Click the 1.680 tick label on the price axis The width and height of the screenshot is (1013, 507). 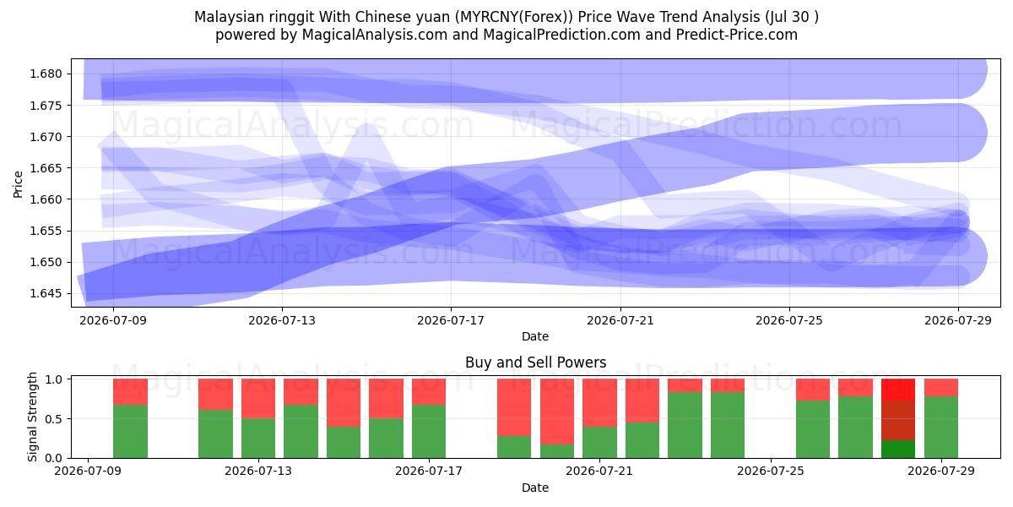(46, 74)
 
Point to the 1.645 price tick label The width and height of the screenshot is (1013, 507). (46, 293)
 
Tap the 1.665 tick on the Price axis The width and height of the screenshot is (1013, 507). (46, 168)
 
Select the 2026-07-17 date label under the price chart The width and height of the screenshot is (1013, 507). (451, 320)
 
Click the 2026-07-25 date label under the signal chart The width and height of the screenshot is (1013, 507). (771, 471)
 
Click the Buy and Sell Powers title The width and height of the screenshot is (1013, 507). (535, 363)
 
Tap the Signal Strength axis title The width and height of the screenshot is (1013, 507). (32, 417)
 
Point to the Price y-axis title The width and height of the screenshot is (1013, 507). (18, 184)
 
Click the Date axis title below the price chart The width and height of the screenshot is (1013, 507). (535, 336)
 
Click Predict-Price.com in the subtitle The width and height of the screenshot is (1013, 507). (737, 35)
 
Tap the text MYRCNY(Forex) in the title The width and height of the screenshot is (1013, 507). (513, 17)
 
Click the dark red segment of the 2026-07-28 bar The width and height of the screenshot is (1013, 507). (897, 420)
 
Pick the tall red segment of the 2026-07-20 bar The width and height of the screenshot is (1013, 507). (556, 412)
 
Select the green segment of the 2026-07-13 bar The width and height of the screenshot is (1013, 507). (258, 439)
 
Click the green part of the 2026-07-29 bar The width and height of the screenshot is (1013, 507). (941, 428)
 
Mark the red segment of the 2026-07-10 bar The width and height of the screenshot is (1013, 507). (130, 391)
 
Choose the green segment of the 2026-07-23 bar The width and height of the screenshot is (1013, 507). (685, 425)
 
